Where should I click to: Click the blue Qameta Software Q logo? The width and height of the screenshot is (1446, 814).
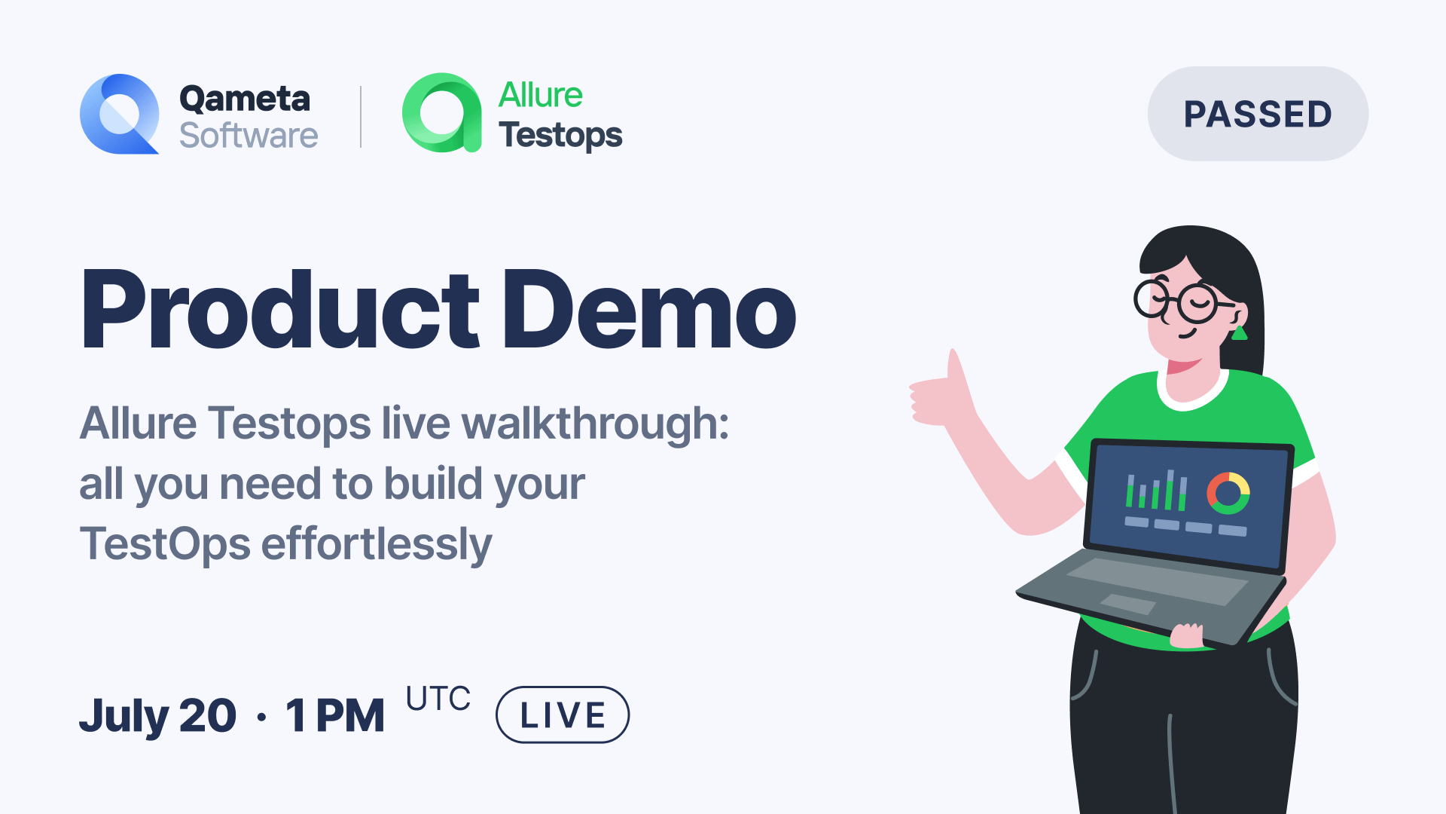119,114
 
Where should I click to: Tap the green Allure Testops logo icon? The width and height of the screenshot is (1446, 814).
441,113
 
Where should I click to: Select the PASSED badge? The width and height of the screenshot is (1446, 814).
1258,114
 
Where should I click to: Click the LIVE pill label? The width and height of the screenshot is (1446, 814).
563,715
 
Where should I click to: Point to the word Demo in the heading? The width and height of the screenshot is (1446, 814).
649,311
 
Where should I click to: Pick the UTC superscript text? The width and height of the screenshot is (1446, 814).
438,699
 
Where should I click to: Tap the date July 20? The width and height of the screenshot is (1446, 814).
158,715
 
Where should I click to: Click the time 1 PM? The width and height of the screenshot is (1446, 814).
335,715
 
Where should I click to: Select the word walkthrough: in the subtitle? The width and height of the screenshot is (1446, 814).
595,423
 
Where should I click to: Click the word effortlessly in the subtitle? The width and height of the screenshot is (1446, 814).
377,544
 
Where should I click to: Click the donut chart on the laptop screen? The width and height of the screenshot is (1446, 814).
1228,494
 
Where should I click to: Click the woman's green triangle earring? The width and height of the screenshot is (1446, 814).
1239,332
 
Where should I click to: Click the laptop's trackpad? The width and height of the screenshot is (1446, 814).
1128,604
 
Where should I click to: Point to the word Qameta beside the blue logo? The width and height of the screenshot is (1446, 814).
245,99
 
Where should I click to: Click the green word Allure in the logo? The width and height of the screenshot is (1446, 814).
541,96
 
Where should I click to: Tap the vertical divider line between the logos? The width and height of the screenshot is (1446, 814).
361,117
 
